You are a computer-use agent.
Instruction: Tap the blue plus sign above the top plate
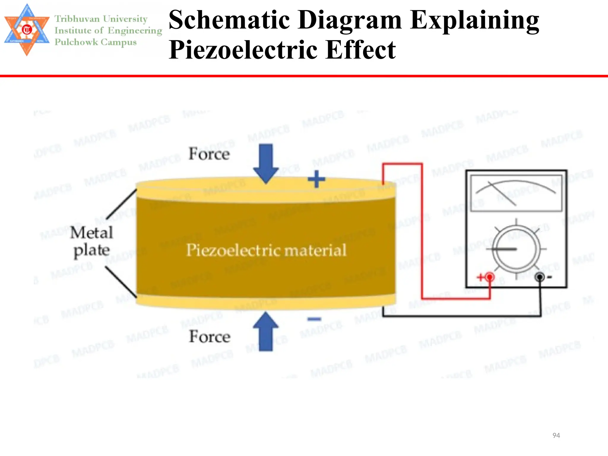(x=316, y=179)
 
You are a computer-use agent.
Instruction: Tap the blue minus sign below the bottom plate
(x=314, y=319)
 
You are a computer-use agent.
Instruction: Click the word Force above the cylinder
(x=209, y=154)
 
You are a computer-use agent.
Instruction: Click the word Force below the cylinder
(x=210, y=336)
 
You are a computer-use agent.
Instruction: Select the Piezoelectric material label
(x=266, y=250)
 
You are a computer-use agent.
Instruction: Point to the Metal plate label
(x=92, y=241)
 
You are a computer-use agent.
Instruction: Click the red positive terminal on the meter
(x=490, y=277)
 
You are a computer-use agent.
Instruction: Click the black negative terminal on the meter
(x=539, y=277)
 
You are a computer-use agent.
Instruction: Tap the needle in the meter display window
(x=502, y=194)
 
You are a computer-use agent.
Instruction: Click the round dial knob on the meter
(x=516, y=249)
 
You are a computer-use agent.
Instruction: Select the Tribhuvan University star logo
(x=27, y=30)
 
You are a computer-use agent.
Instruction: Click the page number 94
(x=556, y=435)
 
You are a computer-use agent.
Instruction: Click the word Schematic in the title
(x=229, y=20)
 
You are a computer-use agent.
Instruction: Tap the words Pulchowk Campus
(x=96, y=42)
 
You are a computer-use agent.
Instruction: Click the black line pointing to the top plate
(x=121, y=204)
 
